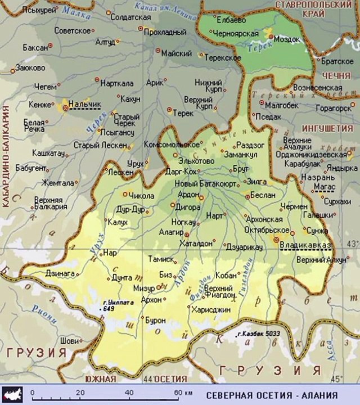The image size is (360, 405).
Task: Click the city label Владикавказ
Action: pyautogui.click(x=307, y=245)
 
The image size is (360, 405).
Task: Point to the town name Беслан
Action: pyautogui.click(x=264, y=195)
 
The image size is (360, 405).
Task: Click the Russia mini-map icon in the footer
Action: pyautogui.click(x=12, y=393)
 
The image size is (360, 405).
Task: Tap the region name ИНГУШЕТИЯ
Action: pyautogui.click(x=327, y=128)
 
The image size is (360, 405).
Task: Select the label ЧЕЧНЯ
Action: pyautogui.click(x=336, y=75)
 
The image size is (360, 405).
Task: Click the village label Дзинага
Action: pyautogui.click(x=60, y=273)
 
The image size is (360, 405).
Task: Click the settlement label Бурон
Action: pyautogui.click(x=155, y=321)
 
